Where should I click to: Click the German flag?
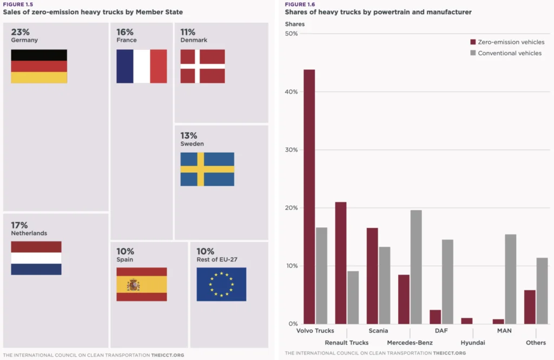(x=39, y=66)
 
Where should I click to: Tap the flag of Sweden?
(x=207, y=169)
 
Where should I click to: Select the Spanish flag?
(x=141, y=284)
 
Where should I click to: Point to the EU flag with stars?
(x=221, y=284)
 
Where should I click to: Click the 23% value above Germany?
(x=20, y=32)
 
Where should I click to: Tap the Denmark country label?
(x=194, y=40)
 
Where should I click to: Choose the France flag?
(x=141, y=66)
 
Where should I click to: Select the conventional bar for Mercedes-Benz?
(x=415, y=267)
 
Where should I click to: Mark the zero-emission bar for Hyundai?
(x=467, y=321)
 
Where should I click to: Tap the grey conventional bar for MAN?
(x=510, y=279)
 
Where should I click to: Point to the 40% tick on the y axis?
(x=291, y=92)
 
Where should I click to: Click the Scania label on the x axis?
(x=378, y=330)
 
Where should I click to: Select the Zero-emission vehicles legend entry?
(x=507, y=42)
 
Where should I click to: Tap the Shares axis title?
(x=294, y=24)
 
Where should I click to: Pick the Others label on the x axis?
(x=536, y=343)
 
